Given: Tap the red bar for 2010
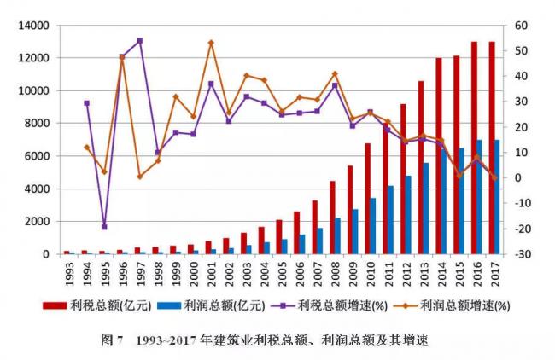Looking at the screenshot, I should point(368,199).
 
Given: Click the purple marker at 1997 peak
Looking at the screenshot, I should point(140,40).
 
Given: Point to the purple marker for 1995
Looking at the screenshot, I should point(104,227).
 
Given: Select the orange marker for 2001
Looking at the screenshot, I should point(211,43).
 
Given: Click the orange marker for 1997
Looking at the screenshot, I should point(140,177).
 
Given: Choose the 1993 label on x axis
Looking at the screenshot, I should point(69,272).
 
